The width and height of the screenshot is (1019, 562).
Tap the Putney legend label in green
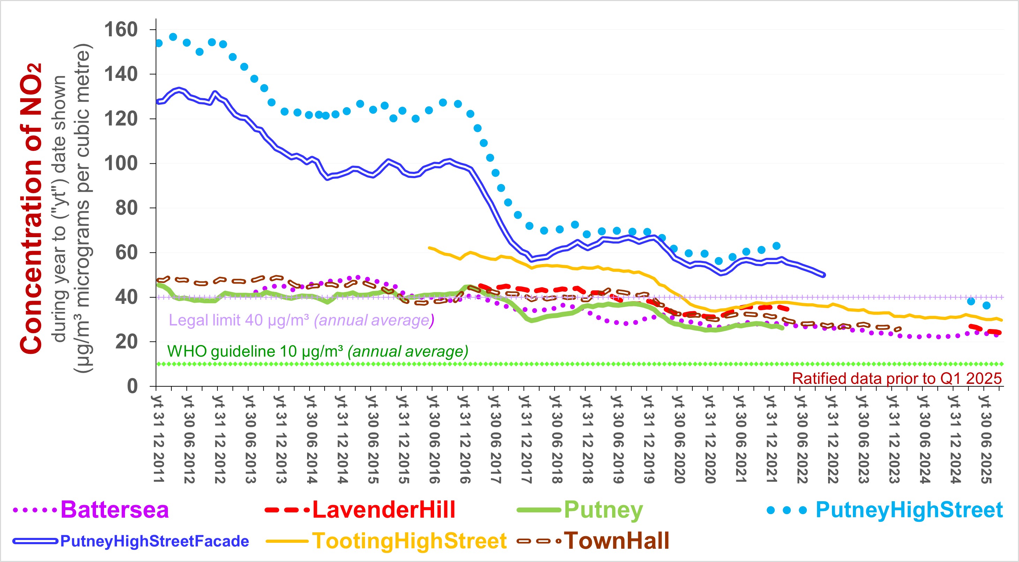tap(603, 510)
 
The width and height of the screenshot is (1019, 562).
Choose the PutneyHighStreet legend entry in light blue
tap(909, 510)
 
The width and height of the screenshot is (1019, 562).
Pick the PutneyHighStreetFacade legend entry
tap(154, 541)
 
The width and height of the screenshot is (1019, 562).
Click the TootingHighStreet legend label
tap(409, 541)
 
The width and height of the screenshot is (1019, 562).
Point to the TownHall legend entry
tap(616, 541)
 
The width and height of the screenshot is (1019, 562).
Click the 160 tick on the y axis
tap(121, 30)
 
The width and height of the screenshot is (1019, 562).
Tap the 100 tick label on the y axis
tap(121, 163)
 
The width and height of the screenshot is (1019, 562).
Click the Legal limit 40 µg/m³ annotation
tap(300, 320)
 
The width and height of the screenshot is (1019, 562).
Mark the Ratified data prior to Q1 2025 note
tap(897, 379)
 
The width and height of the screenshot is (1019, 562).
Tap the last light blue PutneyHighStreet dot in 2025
tap(986, 305)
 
